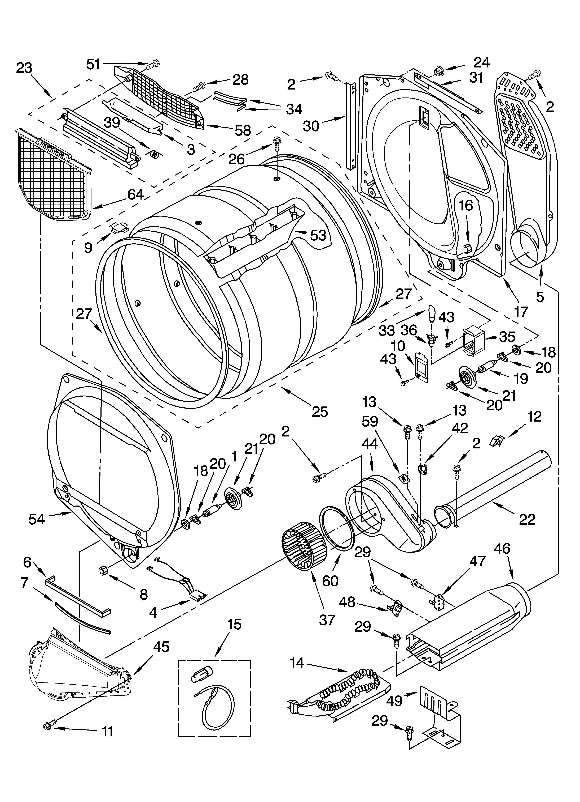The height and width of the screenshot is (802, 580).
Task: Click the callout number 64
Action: point(135,194)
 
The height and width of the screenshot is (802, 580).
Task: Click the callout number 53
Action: point(318,235)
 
